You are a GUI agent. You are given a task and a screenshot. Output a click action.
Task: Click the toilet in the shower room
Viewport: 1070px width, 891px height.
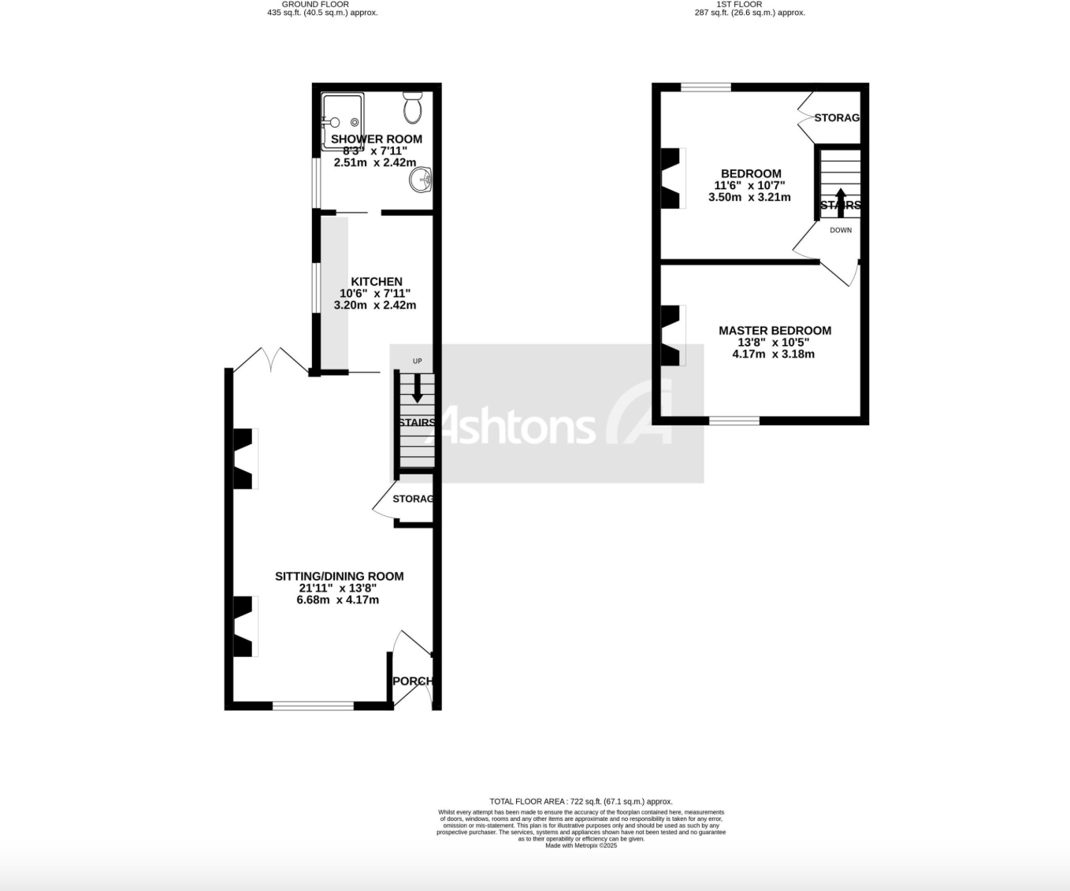[x=413, y=107]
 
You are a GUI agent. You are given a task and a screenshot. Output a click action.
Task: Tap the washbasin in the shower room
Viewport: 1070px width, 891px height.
[x=422, y=180]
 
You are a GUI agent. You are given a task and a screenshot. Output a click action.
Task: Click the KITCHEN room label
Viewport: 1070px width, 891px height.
[x=376, y=281]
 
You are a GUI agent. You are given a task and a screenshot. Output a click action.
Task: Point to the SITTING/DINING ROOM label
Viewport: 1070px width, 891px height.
[x=339, y=576]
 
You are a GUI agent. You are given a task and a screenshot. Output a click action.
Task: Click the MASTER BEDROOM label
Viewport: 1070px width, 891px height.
[x=775, y=330]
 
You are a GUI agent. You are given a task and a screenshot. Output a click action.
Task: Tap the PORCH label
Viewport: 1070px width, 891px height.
[x=412, y=681]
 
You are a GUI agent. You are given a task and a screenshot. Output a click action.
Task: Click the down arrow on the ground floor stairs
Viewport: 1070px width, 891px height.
[x=417, y=388]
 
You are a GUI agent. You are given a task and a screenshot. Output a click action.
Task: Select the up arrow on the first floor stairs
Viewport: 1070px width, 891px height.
[x=840, y=199]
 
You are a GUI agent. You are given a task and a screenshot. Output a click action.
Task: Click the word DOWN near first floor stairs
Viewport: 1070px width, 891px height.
[x=841, y=230]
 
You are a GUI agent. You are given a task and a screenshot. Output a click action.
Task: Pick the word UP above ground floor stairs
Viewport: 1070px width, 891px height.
[x=417, y=362]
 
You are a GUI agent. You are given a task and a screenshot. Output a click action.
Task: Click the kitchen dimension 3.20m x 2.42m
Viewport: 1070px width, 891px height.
[x=375, y=305]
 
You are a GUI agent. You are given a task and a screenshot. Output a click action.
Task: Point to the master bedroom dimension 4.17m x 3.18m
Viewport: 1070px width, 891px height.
[x=773, y=354]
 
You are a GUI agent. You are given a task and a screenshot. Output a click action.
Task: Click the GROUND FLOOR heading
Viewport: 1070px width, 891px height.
[x=315, y=4]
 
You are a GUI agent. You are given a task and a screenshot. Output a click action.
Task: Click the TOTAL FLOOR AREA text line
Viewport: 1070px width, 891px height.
[x=581, y=801]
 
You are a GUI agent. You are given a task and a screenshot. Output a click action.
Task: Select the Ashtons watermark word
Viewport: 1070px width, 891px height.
[x=516, y=426]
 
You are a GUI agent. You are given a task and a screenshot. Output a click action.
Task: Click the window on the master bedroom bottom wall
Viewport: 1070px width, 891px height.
[x=734, y=421]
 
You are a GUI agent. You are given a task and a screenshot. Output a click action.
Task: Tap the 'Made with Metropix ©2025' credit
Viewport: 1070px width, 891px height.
[x=581, y=845]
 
